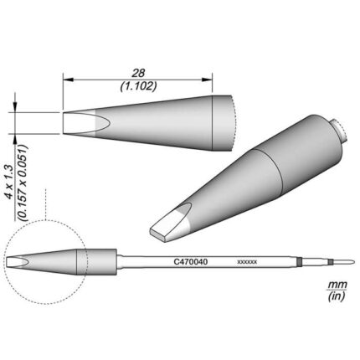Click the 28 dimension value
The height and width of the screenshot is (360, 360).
click(138, 74)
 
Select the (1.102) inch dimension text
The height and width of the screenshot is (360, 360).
click(138, 86)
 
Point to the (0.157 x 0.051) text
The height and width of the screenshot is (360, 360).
click(22, 183)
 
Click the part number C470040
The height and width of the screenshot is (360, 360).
click(191, 262)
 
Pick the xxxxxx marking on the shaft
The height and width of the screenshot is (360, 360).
click(247, 262)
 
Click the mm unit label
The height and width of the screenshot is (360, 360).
click(337, 285)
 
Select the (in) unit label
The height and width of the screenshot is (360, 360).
click(337, 296)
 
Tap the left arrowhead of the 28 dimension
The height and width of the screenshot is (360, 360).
click(68, 80)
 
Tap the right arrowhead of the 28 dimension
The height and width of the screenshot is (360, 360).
click(208, 80)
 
